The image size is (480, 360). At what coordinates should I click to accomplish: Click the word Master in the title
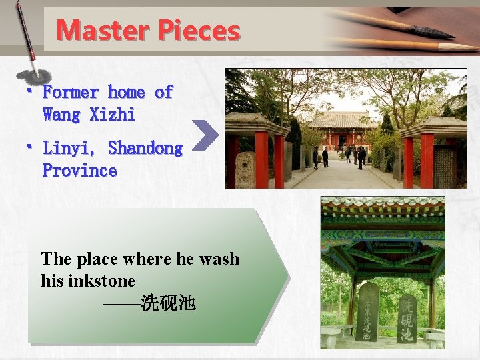(x=102, y=30)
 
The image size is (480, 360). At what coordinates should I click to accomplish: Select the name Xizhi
(x=112, y=115)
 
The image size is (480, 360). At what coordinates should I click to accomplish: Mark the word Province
(x=80, y=171)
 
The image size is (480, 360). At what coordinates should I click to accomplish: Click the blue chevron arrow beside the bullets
(x=209, y=134)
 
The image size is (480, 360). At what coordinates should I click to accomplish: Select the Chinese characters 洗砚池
(x=168, y=304)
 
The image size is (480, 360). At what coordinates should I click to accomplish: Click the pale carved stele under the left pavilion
(x=245, y=170)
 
